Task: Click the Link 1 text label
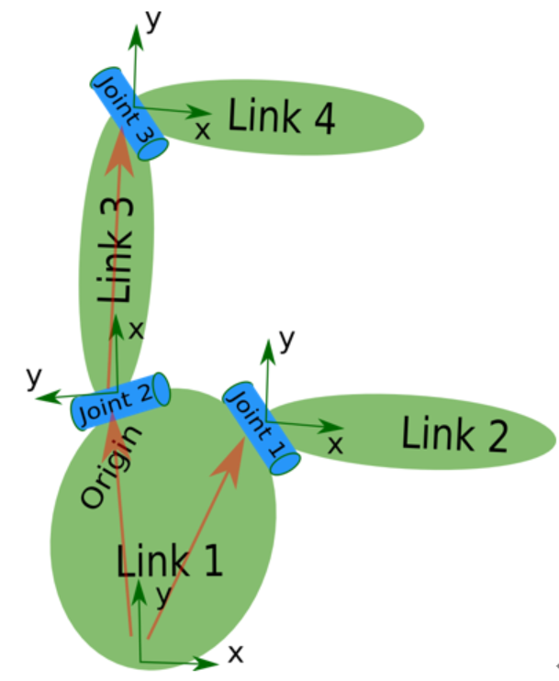[170, 559]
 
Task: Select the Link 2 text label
[454, 434]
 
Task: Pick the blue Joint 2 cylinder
[121, 403]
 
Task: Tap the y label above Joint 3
[153, 20]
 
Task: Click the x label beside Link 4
[203, 130]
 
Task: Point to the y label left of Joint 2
[36, 377]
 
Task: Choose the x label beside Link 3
[137, 329]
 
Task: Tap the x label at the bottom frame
[236, 653]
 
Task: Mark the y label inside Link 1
[162, 596]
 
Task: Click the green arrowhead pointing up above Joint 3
[136, 34]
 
